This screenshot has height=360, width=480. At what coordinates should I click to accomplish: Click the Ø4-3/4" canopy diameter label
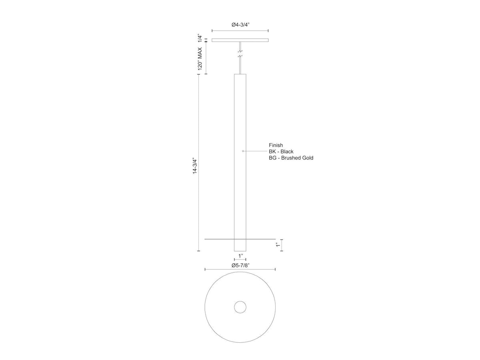point(240,24)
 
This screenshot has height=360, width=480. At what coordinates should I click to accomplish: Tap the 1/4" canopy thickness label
point(200,38)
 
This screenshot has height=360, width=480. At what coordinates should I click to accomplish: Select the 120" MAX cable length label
point(200,58)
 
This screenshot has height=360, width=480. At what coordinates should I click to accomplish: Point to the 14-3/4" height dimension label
point(195,166)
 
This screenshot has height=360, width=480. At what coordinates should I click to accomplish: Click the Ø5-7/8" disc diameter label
point(240,265)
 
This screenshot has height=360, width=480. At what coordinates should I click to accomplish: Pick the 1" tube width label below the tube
point(240,256)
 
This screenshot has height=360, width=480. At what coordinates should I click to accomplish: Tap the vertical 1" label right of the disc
point(278,245)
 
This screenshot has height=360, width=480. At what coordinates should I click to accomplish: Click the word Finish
point(276,145)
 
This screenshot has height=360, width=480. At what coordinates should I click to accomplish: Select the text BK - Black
point(281,152)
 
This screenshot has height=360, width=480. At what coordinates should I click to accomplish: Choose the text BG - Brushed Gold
point(291,158)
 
